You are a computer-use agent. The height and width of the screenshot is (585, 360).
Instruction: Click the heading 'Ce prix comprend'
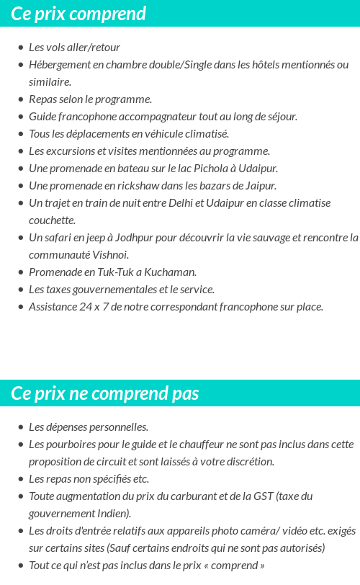(x=78, y=14)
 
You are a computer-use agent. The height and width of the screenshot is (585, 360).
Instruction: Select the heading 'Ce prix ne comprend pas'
(x=105, y=393)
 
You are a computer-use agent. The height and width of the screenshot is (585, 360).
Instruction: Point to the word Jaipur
(x=261, y=185)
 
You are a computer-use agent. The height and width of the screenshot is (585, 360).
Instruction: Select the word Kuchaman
(x=171, y=272)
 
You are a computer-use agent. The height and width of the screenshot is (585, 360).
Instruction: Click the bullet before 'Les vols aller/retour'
(x=20, y=48)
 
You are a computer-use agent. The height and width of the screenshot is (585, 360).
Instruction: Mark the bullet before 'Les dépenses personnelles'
(x=20, y=427)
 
